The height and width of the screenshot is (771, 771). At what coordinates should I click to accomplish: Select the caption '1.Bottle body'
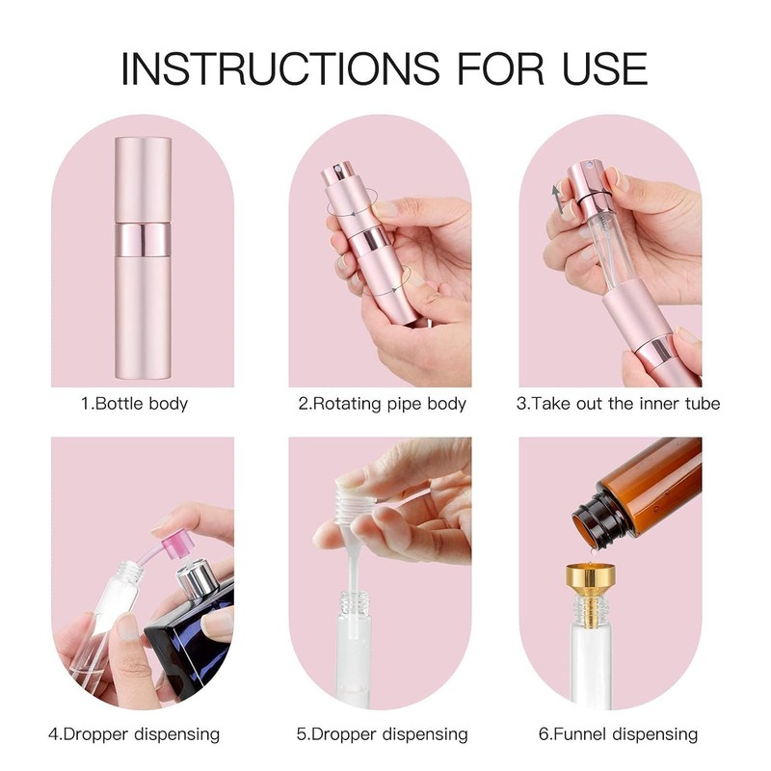click(x=134, y=403)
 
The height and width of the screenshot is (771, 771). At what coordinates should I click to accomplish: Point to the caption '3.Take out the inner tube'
click(x=618, y=403)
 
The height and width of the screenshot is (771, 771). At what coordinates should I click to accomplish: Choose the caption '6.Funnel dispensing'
click(x=618, y=734)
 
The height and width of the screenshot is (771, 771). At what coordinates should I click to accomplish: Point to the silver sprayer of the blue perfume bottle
click(x=199, y=580)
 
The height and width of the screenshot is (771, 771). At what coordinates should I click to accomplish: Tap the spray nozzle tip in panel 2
click(x=333, y=174)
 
